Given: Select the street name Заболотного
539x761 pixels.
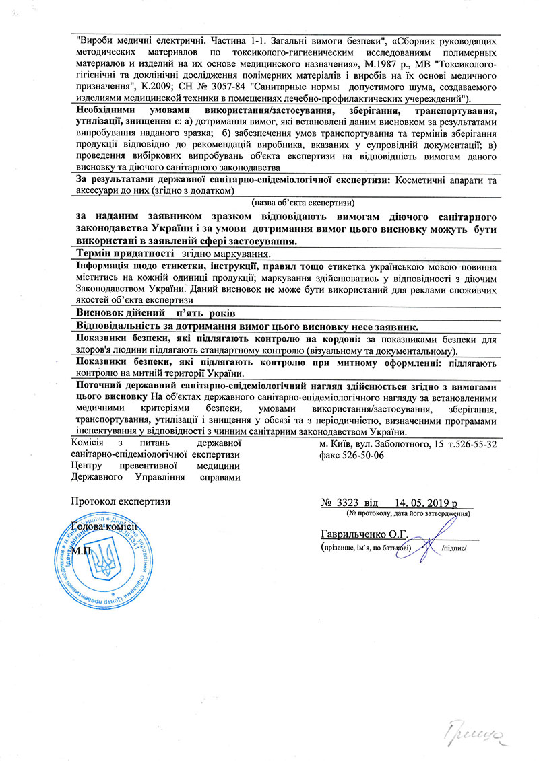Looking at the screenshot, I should pos(402,443).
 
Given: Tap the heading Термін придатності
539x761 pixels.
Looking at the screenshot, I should pos(125,254).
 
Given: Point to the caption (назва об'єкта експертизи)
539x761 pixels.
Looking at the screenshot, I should pos(303,203).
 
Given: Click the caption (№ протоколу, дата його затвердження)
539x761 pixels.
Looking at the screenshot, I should pos(408,513).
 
